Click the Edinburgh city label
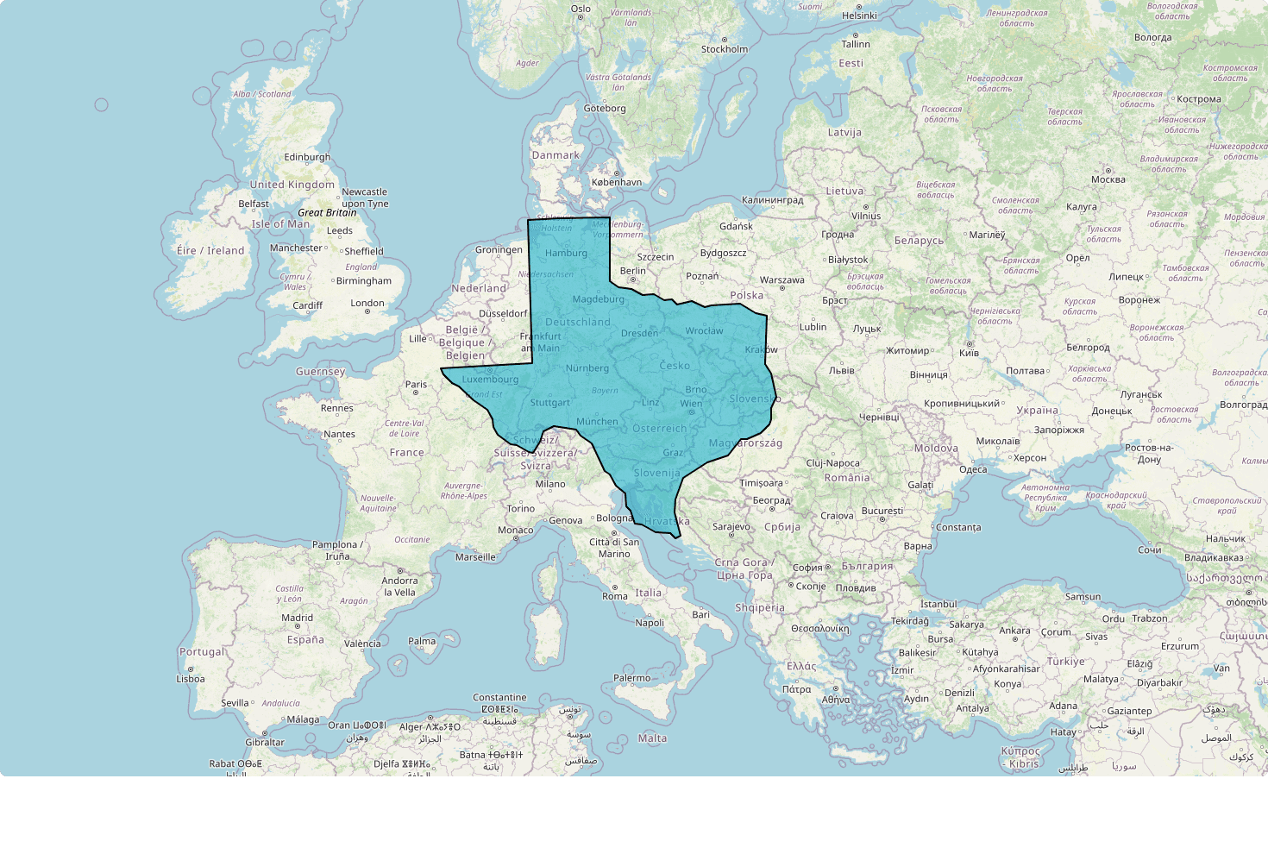(307, 157)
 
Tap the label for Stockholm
(725, 49)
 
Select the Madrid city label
(297, 618)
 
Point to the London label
(367, 303)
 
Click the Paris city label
(416, 385)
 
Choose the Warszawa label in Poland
(782, 279)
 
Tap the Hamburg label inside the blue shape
(566, 253)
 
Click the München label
(597, 422)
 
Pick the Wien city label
(691, 403)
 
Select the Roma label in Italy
(615, 596)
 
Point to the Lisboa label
(191, 679)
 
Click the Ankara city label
(1014, 631)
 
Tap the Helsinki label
(859, 16)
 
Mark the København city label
(617, 182)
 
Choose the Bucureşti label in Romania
(882, 511)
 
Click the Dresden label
(639, 333)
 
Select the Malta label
(652, 738)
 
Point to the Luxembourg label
(490, 379)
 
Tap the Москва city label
(1108, 179)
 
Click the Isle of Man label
(280, 223)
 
